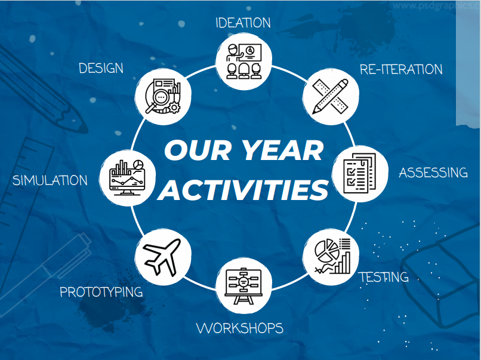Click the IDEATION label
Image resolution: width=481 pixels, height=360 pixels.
pos(243,23)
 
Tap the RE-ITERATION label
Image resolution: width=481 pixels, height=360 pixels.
pos(401,69)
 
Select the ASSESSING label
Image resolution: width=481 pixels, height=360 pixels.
pos(433,173)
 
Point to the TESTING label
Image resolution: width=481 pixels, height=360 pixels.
pos(384,277)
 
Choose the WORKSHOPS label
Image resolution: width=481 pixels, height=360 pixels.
pos(239,328)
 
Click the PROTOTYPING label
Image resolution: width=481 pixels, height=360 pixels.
pos(101,292)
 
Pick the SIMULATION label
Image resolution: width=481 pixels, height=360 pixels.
pos(50,180)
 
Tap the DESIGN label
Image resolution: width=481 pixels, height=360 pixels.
pos(101,68)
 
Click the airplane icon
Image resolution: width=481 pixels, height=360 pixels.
pos(162,257)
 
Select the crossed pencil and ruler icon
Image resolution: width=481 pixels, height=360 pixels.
pos(330,96)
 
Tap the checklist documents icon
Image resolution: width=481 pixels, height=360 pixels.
pos(359,173)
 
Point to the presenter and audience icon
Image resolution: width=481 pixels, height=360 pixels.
pos(244,61)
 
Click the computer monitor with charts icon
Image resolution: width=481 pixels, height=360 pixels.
pos(127,177)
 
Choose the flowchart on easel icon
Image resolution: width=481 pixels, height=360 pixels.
pos(243,287)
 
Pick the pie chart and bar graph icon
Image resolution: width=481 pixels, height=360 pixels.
pos(332,256)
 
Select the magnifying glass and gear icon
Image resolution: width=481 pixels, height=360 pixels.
pos(163,96)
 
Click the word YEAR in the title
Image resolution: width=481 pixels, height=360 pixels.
pos(282,150)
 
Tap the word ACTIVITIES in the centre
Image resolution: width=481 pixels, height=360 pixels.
pos(243,190)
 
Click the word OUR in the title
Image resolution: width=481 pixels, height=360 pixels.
pos(198,150)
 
